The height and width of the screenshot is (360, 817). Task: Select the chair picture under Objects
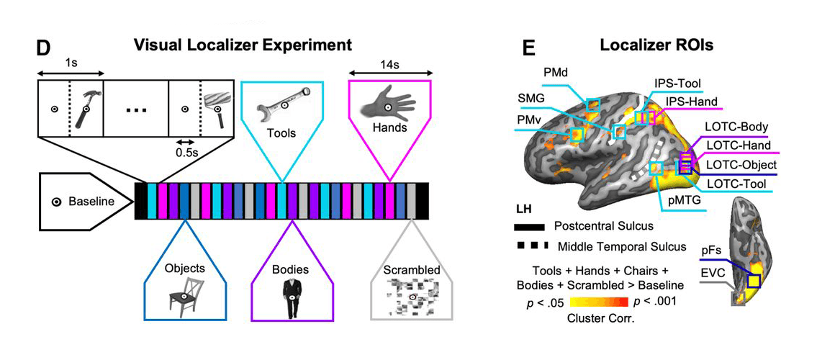coord(184,296)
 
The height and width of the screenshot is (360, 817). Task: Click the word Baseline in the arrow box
coord(91,202)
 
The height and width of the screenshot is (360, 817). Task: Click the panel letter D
coord(44,48)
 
